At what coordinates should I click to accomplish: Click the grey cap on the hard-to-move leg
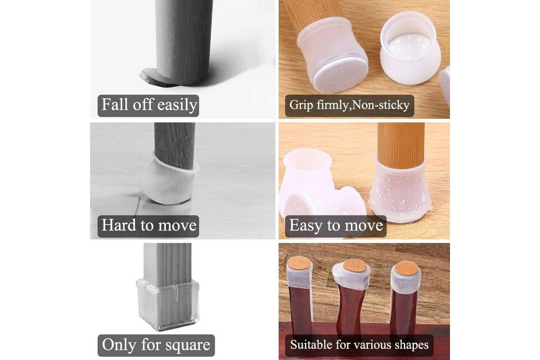pyautogui.click(x=169, y=180)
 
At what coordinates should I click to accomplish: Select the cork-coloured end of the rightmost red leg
pyautogui.click(x=406, y=267)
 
